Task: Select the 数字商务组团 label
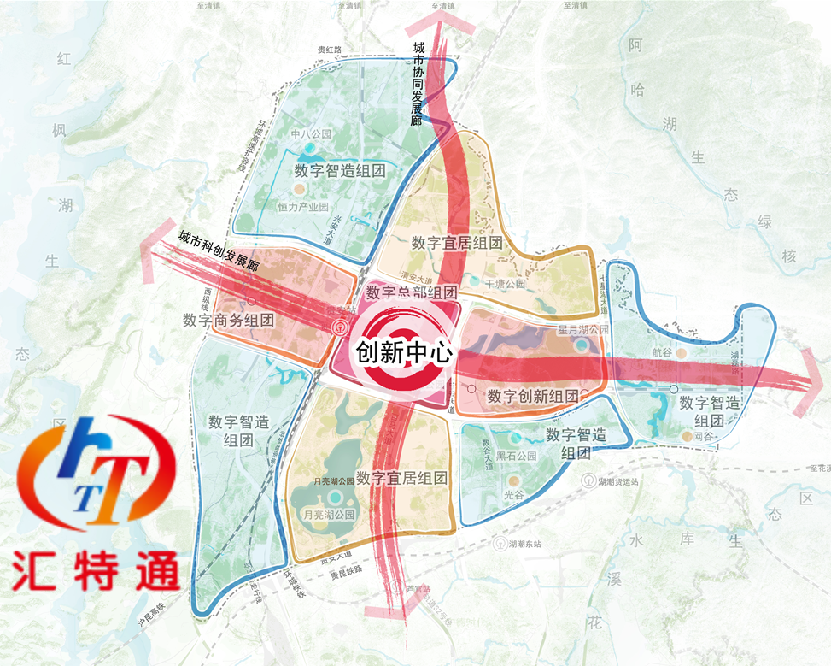point(228,321)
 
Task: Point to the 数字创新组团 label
point(533,397)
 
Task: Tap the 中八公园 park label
point(309,134)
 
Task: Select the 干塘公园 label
point(505,283)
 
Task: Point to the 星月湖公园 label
point(582,330)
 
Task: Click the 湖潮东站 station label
point(524,544)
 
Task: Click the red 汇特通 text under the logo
point(96,569)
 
